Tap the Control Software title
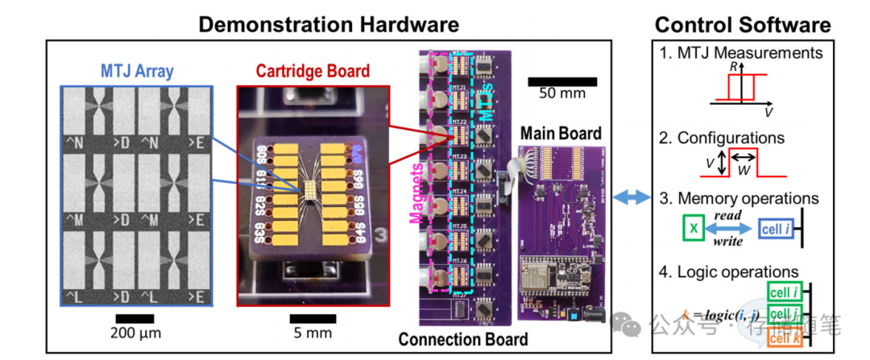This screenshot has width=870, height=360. pos(742,23)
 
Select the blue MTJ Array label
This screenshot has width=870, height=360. pos(137,72)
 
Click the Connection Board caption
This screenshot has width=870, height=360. pos(463,339)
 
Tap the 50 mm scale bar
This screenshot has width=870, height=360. pos(562,81)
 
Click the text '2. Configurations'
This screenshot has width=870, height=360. pos(722,138)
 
